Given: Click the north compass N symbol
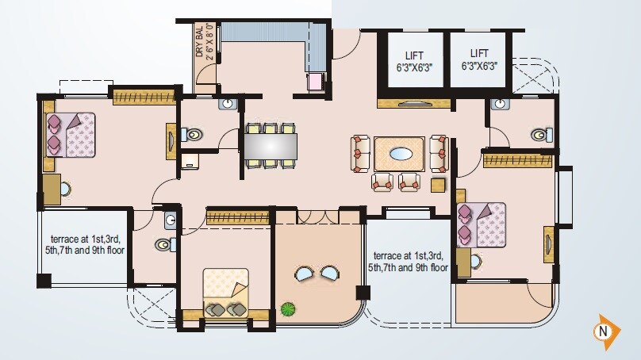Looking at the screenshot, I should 605,330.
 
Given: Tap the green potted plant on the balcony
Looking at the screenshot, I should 287,308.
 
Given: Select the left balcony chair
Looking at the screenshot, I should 305,274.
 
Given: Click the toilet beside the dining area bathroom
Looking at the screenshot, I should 190,134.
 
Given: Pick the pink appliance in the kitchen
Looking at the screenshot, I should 315,81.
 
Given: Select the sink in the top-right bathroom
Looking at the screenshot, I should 500,104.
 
